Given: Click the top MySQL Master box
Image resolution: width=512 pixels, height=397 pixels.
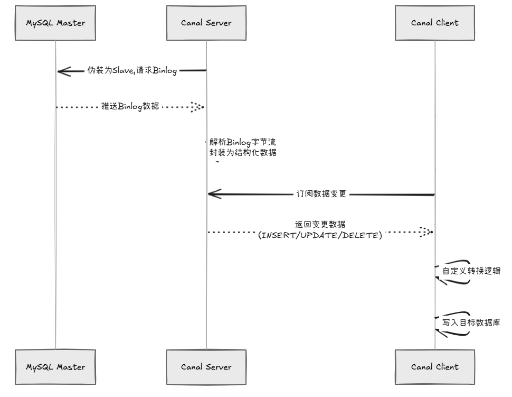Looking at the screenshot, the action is pyautogui.click(x=55, y=23).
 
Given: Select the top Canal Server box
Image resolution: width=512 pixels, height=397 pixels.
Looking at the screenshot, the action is pyautogui.click(x=206, y=23).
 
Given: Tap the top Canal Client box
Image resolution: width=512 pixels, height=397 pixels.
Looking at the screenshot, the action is pyautogui.click(x=434, y=23).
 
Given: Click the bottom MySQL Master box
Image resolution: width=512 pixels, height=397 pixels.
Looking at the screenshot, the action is pyautogui.click(x=55, y=367).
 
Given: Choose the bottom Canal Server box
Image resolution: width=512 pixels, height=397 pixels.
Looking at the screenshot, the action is pyautogui.click(x=206, y=367).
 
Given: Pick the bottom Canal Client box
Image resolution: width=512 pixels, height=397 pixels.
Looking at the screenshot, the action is pyautogui.click(x=434, y=367).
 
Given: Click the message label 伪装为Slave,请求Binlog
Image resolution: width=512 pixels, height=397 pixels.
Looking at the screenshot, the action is pyautogui.click(x=132, y=70).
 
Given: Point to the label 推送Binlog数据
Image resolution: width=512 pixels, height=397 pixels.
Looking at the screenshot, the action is pyautogui.click(x=130, y=106).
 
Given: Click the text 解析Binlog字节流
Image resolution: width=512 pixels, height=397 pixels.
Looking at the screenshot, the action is pyautogui.click(x=243, y=142).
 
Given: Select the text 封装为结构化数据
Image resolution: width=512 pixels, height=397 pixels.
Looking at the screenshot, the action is pyautogui.click(x=243, y=152).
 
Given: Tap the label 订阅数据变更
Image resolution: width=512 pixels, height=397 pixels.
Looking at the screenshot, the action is pyautogui.click(x=321, y=194).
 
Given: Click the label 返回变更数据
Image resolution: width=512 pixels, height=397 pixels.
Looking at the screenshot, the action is pyautogui.click(x=320, y=224).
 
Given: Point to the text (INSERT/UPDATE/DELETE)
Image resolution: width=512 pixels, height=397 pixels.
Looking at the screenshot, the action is pyautogui.click(x=320, y=235).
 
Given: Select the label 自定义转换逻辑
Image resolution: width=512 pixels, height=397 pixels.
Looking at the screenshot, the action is pyautogui.click(x=471, y=271).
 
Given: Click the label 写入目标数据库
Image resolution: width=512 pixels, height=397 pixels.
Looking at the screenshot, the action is pyautogui.click(x=471, y=322).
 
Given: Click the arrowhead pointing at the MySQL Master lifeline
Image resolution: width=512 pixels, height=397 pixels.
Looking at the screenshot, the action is pyautogui.click(x=64, y=71).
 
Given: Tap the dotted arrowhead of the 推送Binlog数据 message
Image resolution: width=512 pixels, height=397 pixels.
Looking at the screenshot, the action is pyautogui.click(x=198, y=107).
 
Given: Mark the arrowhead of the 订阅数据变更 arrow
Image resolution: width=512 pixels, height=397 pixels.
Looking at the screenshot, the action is pyautogui.click(x=214, y=194).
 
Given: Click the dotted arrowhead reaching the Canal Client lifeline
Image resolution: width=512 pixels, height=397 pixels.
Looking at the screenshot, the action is pyautogui.click(x=426, y=232).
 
